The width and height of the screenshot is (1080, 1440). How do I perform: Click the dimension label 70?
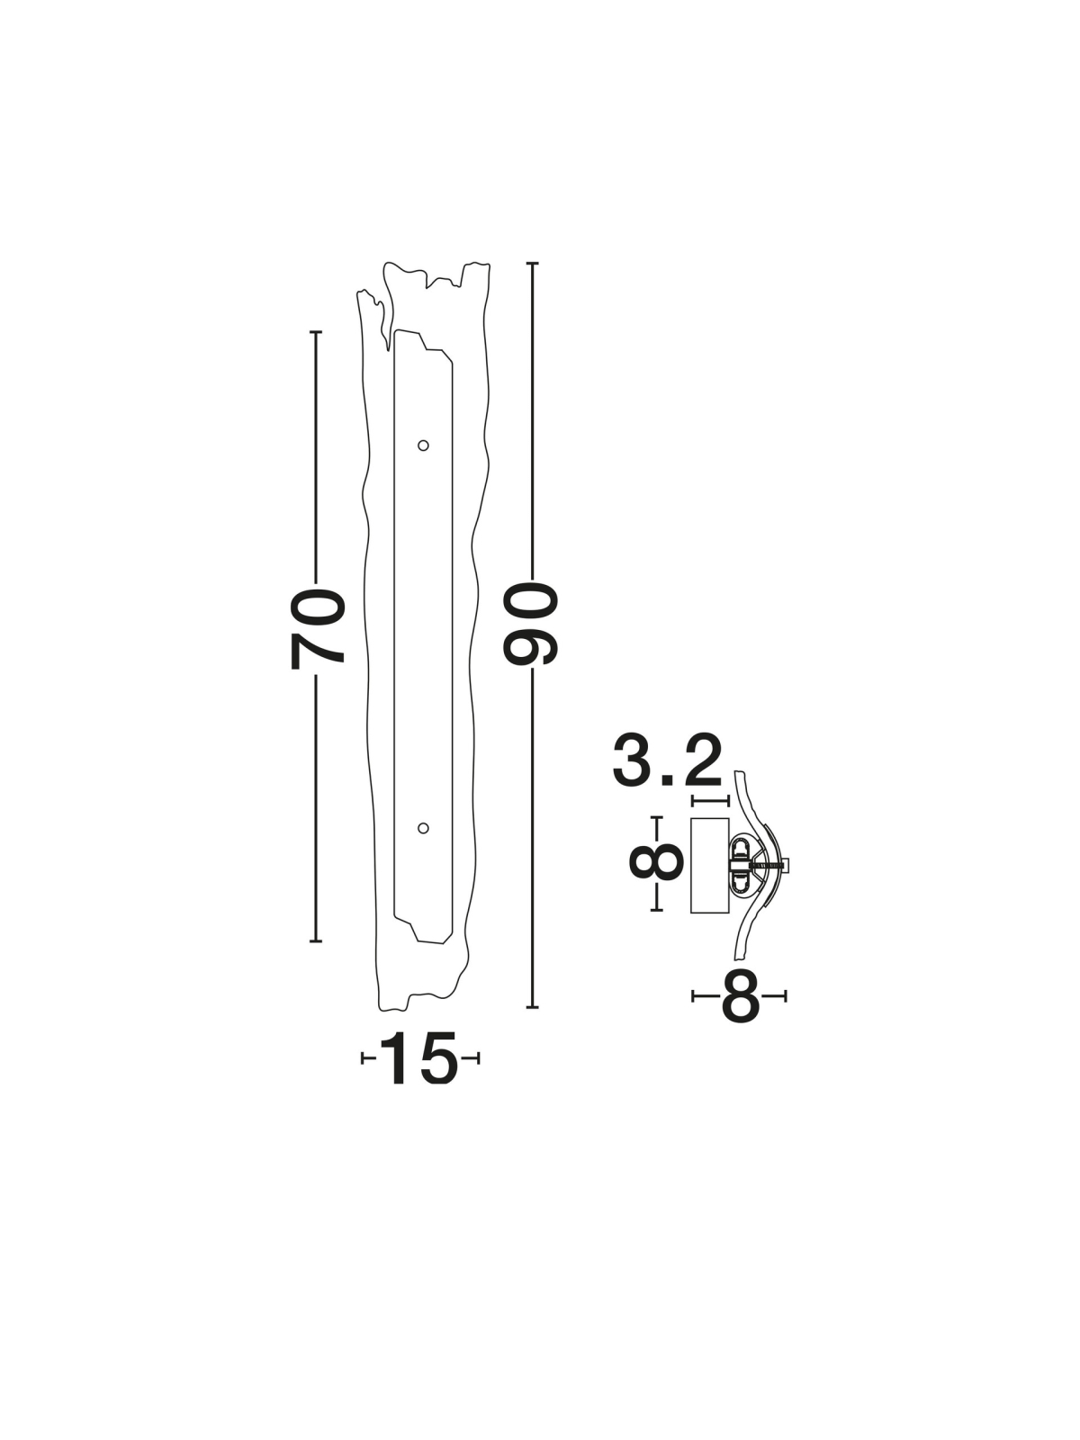[318, 629]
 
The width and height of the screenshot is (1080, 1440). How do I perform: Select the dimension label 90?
[530, 625]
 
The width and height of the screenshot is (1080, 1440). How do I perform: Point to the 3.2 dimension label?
[668, 761]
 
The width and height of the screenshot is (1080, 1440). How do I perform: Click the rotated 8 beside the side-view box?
[656, 863]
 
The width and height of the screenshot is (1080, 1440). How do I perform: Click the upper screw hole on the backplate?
[423, 445]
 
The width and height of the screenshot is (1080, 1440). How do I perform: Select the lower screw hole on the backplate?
[423, 828]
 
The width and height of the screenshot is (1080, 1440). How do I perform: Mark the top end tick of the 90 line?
[533, 263]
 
